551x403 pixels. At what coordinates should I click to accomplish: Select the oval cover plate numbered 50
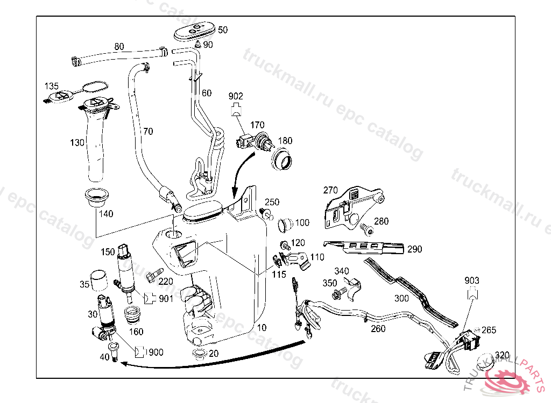click(194, 31)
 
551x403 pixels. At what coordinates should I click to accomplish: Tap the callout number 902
click(236, 96)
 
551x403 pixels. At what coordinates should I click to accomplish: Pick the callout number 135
click(52, 86)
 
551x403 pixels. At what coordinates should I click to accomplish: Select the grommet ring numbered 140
click(96, 198)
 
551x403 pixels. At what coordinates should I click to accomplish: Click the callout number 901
click(166, 298)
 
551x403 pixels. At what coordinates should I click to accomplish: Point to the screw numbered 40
click(114, 354)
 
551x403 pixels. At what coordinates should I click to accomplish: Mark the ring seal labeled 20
click(199, 354)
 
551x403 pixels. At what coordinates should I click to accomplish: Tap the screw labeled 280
click(367, 229)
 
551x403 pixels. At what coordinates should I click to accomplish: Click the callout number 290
click(414, 249)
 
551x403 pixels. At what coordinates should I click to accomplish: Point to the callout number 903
click(471, 280)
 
